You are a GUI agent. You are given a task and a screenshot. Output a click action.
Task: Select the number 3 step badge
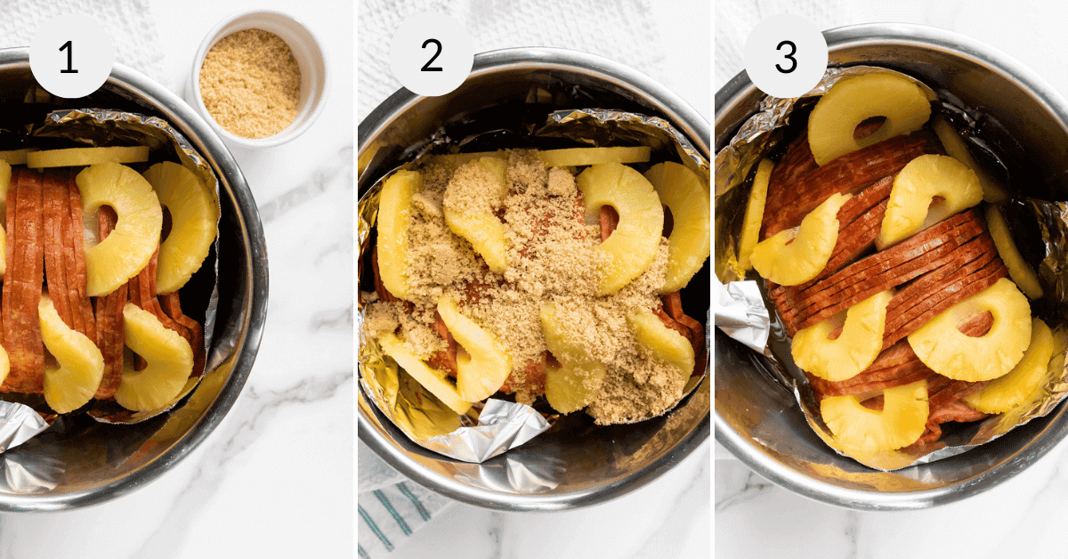[786, 56]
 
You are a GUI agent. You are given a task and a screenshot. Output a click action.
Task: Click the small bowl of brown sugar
[250, 82]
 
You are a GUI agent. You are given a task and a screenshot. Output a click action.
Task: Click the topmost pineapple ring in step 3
[868, 114]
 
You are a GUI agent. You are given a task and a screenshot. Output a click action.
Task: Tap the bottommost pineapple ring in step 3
[874, 416]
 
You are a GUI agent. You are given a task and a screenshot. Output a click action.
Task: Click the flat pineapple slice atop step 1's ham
[87, 157]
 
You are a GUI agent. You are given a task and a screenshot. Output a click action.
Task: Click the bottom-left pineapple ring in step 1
[69, 356]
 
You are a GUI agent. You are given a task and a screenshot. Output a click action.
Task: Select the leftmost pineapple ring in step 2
[396, 231]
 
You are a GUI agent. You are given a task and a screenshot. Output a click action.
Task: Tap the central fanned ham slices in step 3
[890, 267]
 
